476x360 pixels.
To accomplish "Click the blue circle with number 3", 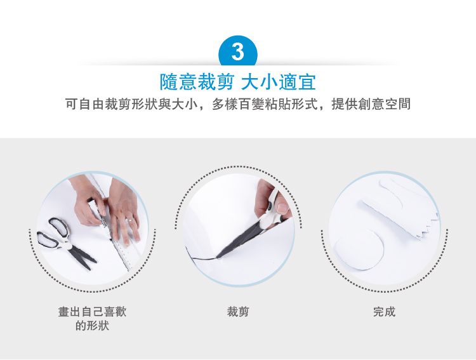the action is click(238, 51).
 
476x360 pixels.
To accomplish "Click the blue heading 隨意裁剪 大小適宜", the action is click(238, 82).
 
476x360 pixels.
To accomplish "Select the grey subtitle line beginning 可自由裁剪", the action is click(238, 104).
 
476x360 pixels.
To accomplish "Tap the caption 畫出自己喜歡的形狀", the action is click(92, 319).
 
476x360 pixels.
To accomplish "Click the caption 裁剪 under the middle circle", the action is click(238, 312).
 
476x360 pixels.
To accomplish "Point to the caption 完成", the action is click(385, 312).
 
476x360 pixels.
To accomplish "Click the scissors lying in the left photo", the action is click(65, 242).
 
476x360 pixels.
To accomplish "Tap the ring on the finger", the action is click(129, 219).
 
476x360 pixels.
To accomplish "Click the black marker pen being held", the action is click(98, 213).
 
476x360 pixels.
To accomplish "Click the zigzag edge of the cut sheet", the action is click(428, 227).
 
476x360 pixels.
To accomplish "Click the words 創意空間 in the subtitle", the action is click(385, 104).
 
